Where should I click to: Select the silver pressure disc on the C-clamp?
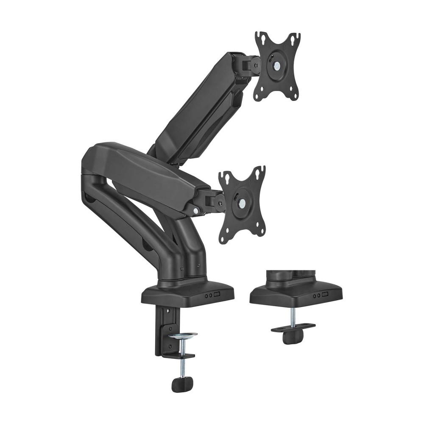click(x=183, y=336)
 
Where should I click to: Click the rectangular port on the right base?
click(x=325, y=294)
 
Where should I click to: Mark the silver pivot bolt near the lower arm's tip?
click(x=196, y=210)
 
